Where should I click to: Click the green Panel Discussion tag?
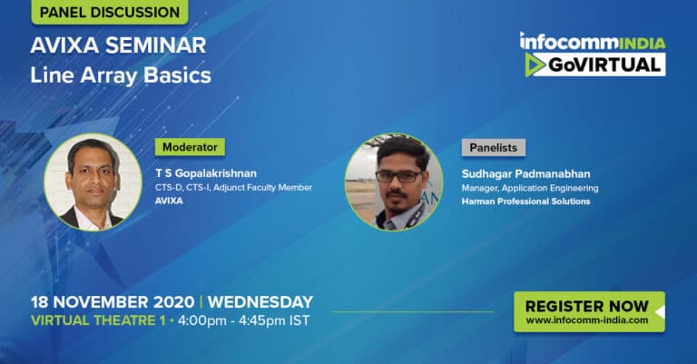109,12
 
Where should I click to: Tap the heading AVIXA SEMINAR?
118,45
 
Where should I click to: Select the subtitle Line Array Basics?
121,75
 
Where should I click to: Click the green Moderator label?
190,147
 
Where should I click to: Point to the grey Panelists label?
494,148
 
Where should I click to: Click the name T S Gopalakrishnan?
206,172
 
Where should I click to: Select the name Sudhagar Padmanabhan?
525,173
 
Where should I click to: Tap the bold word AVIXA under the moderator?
169,201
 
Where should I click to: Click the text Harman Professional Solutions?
525,202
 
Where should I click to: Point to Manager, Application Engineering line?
530,189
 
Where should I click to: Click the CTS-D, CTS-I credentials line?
233,188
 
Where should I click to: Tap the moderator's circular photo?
93,182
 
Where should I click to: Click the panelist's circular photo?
394,182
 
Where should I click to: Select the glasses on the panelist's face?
398,176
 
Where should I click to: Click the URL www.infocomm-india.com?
587,320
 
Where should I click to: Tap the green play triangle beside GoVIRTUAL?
534,65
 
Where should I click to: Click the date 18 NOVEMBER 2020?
113,302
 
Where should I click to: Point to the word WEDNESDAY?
260,302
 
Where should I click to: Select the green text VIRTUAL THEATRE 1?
98,320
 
